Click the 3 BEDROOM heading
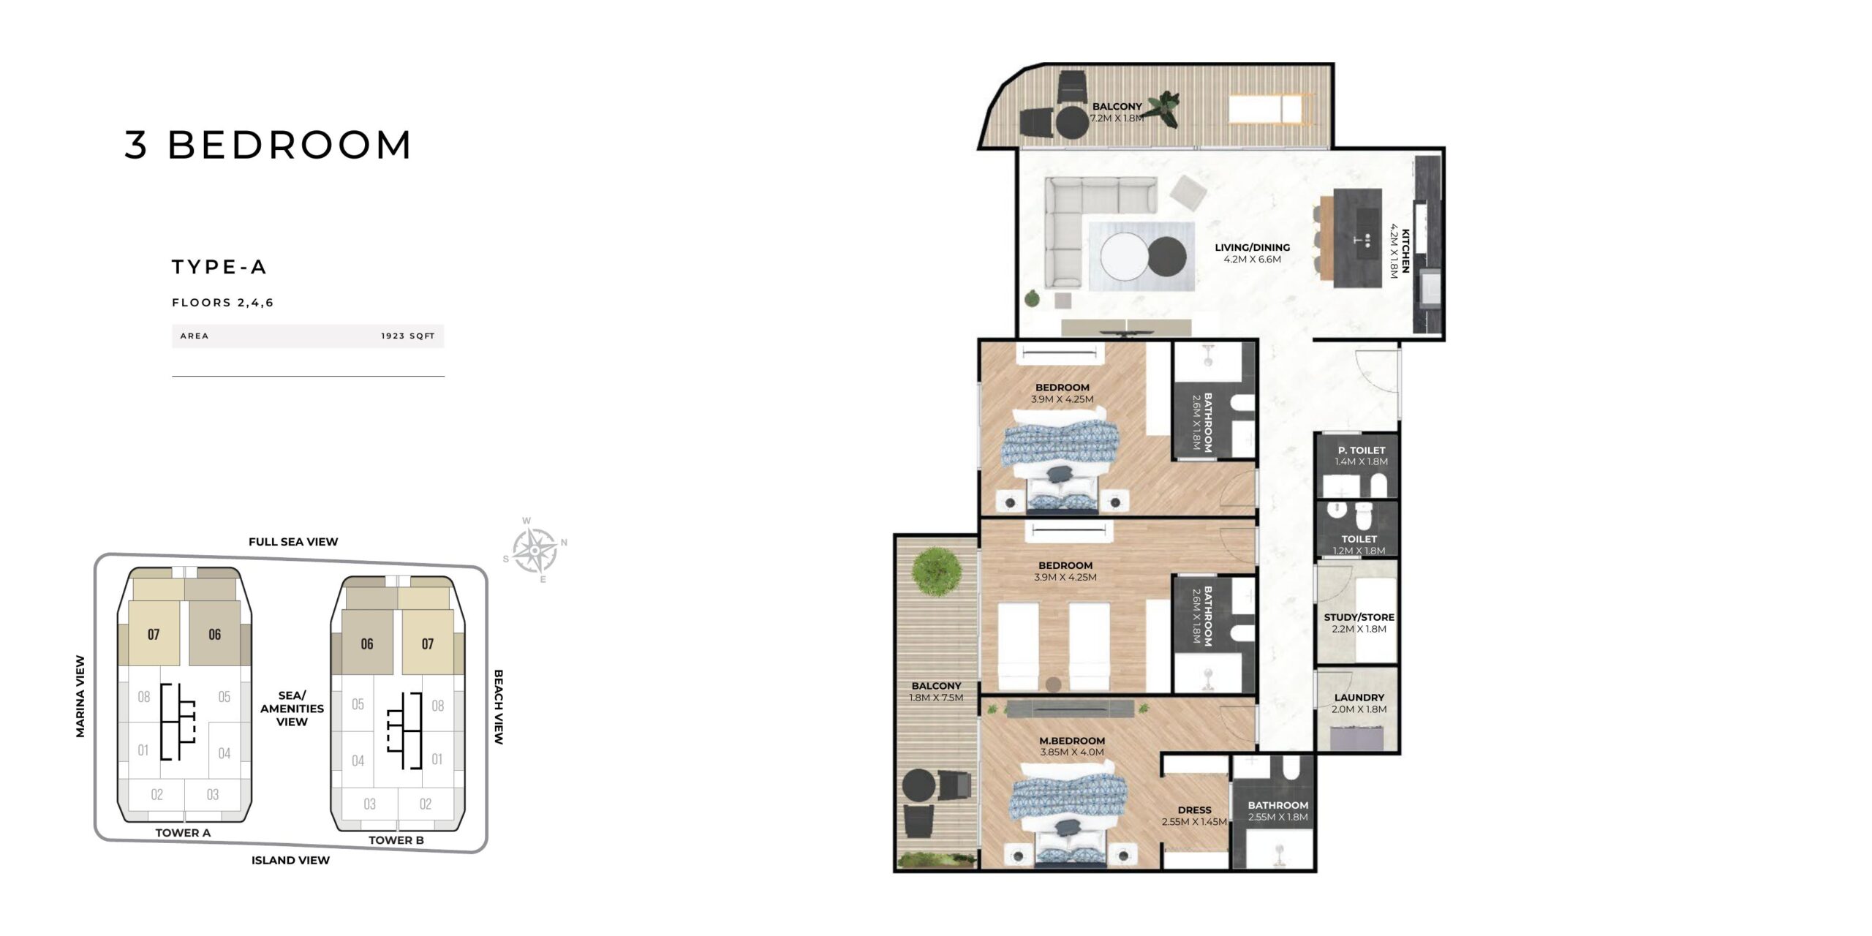(x=268, y=144)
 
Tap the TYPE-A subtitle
(x=219, y=267)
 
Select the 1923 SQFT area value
(x=408, y=336)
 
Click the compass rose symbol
(x=535, y=550)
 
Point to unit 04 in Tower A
(x=224, y=753)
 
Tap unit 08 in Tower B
(x=438, y=706)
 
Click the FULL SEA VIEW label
(x=293, y=542)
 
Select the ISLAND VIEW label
(x=290, y=860)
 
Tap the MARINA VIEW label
(x=80, y=696)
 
